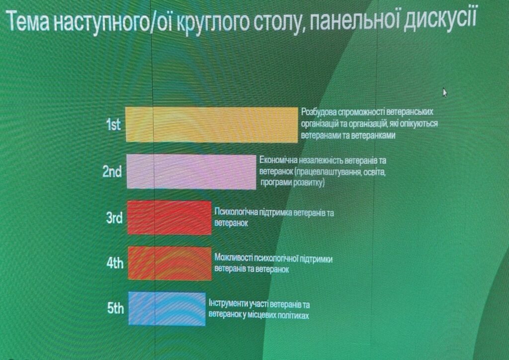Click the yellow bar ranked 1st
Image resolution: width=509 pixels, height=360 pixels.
coord(212,125)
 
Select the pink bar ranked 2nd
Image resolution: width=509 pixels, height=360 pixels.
coord(191,172)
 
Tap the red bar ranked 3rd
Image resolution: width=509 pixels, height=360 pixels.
coord(170,217)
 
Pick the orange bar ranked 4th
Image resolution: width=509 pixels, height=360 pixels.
coord(170,263)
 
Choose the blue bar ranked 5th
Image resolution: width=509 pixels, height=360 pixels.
coord(167,309)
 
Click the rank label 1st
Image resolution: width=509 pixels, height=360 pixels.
coord(114,124)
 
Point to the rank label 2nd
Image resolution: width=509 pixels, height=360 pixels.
coord(112,172)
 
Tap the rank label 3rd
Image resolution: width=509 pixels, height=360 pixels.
coord(114,217)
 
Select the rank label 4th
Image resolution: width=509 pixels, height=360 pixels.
coord(115,263)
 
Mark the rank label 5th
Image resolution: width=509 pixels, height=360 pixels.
coord(115,308)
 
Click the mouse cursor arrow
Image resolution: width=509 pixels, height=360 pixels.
coord(445,92)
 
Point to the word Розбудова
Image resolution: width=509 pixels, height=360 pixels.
coord(319,112)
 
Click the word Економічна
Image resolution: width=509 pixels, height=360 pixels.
coord(277,161)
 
